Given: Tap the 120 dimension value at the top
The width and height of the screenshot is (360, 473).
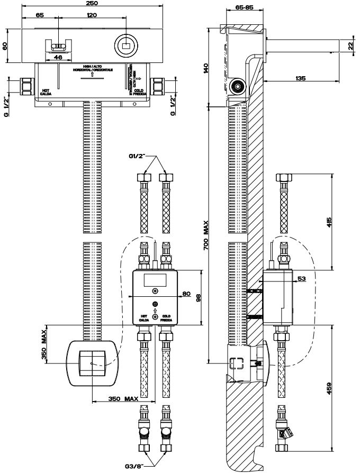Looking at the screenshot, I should pyautogui.click(x=91, y=15).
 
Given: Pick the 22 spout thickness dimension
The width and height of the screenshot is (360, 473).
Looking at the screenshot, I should pyautogui.click(x=350, y=46).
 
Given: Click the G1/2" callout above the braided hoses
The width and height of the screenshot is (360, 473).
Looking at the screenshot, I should pyautogui.click(x=139, y=157).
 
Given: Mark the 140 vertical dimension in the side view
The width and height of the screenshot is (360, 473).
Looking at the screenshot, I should pyautogui.click(x=206, y=68).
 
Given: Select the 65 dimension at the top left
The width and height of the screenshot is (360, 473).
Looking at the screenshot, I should pyautogui.click(x=40, y=15).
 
